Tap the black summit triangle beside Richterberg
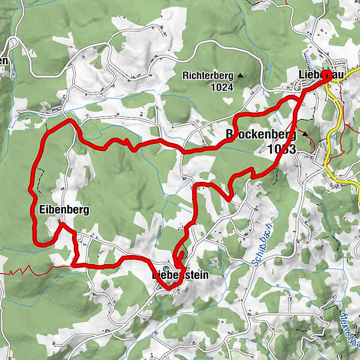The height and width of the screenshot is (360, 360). click(x=241, y=76)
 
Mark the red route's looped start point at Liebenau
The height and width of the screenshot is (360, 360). click(x=326, y=76)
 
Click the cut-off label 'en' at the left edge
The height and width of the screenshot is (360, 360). click(x=4, y=61)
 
